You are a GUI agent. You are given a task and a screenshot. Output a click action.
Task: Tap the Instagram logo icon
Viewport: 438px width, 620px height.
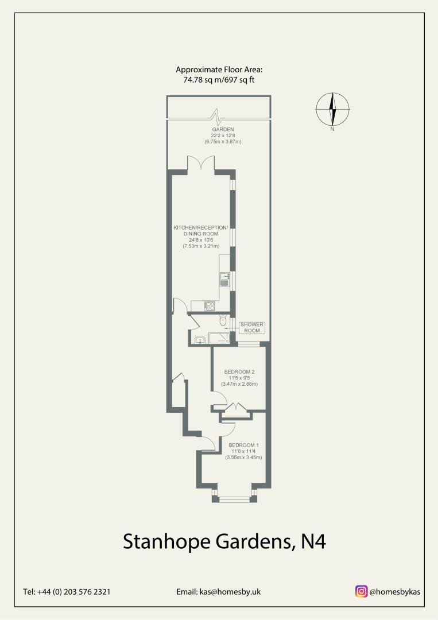tap(361, 591)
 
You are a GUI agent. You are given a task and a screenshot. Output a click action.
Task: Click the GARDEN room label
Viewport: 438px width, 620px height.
tap(223, 129)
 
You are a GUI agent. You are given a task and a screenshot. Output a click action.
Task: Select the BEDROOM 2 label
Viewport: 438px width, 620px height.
tap(239, 371)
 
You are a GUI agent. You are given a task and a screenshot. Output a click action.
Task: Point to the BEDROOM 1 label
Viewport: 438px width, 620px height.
tap(244, 445)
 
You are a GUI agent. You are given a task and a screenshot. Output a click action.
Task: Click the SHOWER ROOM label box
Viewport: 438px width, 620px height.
tap(252, 327)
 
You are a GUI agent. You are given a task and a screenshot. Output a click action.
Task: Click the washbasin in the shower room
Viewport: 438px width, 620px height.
tap(200, 340)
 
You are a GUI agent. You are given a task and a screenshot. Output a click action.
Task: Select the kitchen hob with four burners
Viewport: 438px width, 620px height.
tap(209, 306)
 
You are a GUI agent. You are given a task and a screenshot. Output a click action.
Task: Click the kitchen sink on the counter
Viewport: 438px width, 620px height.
tap(224, 279)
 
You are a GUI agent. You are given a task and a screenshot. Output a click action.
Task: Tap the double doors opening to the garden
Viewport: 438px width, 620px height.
tap(201, 162)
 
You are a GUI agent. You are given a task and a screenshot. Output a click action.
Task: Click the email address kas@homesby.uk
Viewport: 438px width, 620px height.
tap(219, 591)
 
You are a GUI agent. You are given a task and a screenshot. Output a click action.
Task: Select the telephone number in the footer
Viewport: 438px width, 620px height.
tap(67, 591)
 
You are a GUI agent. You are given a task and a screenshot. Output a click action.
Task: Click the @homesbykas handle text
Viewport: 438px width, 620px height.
tap(394, 591)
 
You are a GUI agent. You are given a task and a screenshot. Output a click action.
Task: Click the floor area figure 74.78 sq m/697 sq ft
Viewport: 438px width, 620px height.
tap(219, 80)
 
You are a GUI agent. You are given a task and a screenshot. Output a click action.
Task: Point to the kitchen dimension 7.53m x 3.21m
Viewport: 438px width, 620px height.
tap(201, 246)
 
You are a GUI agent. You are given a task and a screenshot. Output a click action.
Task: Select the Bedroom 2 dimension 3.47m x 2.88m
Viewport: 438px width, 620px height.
tap(239, 384)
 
